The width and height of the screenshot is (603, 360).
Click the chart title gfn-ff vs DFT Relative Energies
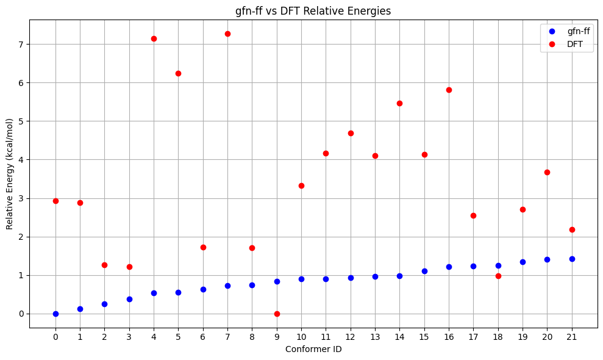313,10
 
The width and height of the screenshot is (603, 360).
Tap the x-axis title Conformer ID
313,350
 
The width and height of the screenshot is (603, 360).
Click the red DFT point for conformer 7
227,34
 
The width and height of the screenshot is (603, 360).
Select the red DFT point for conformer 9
277,314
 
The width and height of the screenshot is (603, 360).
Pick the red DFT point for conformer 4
154,38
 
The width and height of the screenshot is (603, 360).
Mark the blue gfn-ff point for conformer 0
55,314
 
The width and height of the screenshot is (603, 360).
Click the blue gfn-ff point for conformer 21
572,259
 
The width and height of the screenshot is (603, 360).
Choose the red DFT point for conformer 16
449,90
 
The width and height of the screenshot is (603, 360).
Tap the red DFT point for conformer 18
498,276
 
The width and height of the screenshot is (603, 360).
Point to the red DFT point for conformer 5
178,73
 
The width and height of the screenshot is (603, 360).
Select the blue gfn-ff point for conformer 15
424,271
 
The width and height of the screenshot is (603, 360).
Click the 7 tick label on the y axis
21,45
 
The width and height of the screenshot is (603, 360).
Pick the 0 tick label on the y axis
21,314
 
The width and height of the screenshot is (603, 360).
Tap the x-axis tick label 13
375,337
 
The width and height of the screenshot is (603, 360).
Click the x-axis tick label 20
547,337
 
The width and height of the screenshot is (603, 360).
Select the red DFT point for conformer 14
399,103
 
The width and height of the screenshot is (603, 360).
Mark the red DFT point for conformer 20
547,172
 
